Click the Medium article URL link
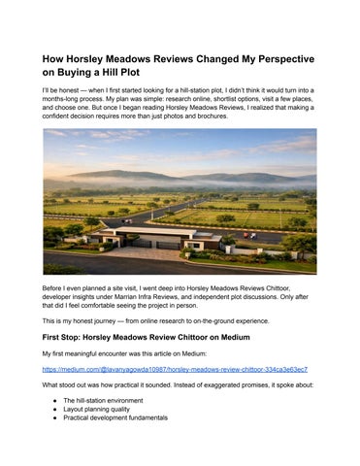click(x=175, y=369)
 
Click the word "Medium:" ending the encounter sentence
click(x=221, y=353)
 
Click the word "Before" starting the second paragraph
click(x=54, y=289)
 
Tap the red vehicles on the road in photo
click(x=250, y=234)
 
